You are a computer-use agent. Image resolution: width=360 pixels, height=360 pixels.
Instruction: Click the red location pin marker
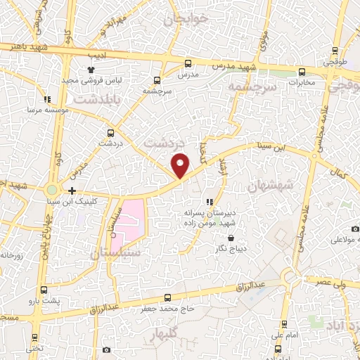pyautogui.click(x=181, y=164)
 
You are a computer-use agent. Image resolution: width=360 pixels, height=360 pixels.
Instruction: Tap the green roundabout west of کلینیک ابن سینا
pyautogui.click(x=51, y=190)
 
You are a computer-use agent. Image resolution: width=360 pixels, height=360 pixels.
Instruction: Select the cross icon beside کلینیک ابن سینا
pyautogui.click(x=72, y=190)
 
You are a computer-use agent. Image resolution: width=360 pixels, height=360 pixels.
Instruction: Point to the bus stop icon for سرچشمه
pyautogui.click(x=157, y=80)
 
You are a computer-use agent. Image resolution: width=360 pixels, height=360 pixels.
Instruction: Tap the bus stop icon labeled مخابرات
pyautogui.click(x=302, y=71)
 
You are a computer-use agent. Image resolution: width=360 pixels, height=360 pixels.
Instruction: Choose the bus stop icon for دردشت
pyautogui.click(x=110, y=132)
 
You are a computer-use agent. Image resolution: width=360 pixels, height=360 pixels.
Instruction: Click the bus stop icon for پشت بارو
pyautogui.click(x=44, y=290)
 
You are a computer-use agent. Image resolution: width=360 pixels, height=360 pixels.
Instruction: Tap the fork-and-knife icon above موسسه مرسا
pyautogui.click(x=47, y=99)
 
